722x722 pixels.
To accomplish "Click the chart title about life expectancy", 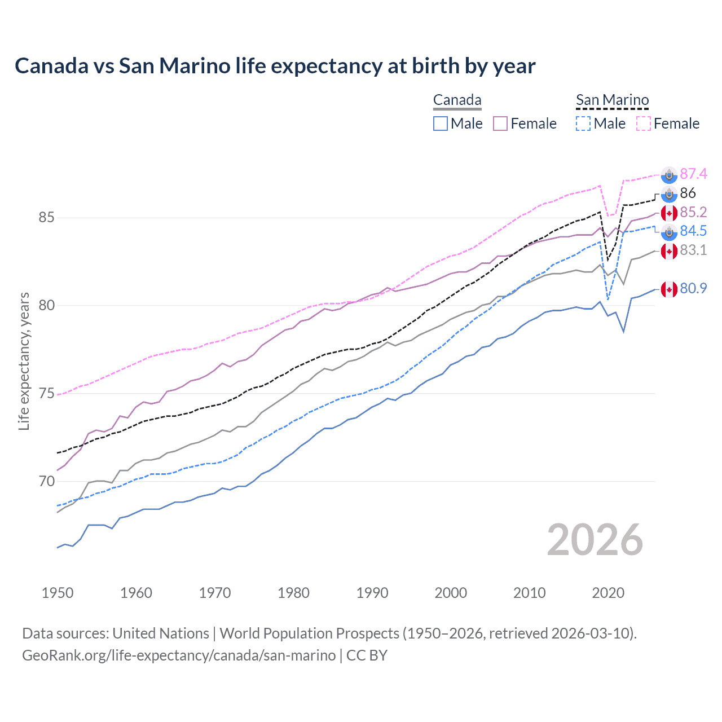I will pyautogui.click(x=275, y=66).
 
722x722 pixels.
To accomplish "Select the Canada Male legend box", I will pyautogui.click(x=441, y=124).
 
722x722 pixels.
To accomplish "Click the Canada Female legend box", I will pyautogui.click(x=500, y=124).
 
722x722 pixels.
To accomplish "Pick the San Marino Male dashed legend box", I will pyautogui.click(x=583, y=124).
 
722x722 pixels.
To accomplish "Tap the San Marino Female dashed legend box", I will pyautogui.click(x=643, y=124).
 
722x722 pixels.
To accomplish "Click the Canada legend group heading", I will pyautogui.click(x=457, y=100).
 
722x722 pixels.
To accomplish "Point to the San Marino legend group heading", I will pyautogui.click(x=612, y=100).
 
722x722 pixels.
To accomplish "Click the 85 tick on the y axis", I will pyautogui.click(x=47, y=217).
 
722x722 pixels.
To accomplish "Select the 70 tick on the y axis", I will pyautogui.click(x=47, y=481).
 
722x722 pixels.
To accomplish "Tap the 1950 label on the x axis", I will pyautogui.click(x=58, y=593).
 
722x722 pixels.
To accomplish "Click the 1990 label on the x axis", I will pyautogui.click(x=372, y=593).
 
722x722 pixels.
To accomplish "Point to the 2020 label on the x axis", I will pyautogui.click(x=608, y=593).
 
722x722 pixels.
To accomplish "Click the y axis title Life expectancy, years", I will pyautogui.click(x=24, y=361).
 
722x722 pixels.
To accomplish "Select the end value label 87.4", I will pyautogui.click(x=693, y=174).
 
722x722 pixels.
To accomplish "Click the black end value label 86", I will pyautogui.click(x=688, y=193).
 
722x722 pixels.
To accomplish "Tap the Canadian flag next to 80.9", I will pyautogui.click(x=669, y=289).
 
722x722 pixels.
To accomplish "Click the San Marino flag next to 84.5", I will pyautogui.click(x=669, y=232).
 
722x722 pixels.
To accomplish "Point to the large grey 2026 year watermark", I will pyautogui.click(x=595, y=540).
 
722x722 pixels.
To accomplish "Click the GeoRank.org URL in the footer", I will pyautogui.click(x=179, y=655).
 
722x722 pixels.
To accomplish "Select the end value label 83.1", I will pyautogui.click(x=693, y=250).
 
